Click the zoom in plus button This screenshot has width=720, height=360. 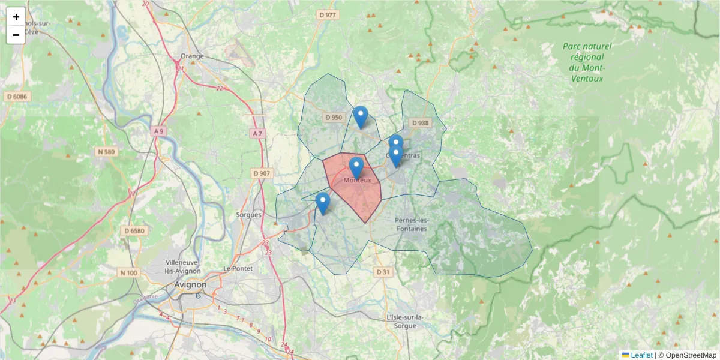click(x=16, y=17)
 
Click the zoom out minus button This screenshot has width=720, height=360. click(x=16, y=35)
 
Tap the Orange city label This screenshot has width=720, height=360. click(x=192, y=56)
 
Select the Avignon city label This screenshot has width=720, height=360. click(x=190, y=284)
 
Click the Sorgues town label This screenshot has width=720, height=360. click(x=249, y=214)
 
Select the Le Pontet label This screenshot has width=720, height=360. click(x=238, y=268)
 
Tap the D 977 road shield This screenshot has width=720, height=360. click(x=328, y=15)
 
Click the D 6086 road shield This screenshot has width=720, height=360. click(x=17, y=96)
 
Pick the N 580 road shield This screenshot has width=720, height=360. click(x=106, y=152)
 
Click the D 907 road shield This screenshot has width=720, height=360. click(x=262, y=173)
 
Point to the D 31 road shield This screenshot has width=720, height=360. click(x=382, y=272)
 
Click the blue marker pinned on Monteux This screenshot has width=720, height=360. click(x=356, y=167)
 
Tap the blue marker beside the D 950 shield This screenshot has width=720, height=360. click(x=360, y=116)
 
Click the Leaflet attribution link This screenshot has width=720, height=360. click(x=641, y=355)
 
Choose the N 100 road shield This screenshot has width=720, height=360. click(x=128, y=273)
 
